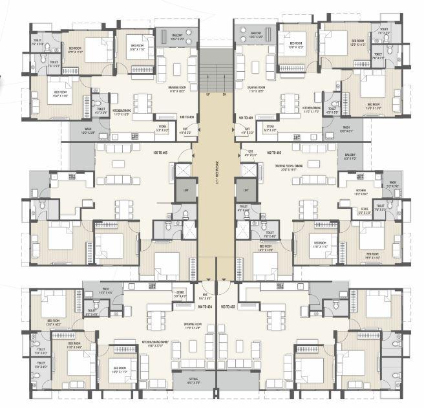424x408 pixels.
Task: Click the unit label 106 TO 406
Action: (187, 117)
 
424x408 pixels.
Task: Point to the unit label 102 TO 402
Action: (253, 153)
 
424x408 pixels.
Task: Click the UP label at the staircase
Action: (207, 95)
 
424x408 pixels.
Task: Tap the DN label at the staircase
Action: (224, 95)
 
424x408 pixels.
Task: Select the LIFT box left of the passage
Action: (185, 190)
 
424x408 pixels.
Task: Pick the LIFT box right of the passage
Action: (245, 190)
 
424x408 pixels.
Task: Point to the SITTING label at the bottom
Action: (193, 381)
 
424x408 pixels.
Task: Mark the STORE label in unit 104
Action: (180, 293)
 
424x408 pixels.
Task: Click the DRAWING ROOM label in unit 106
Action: (173, 91)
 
